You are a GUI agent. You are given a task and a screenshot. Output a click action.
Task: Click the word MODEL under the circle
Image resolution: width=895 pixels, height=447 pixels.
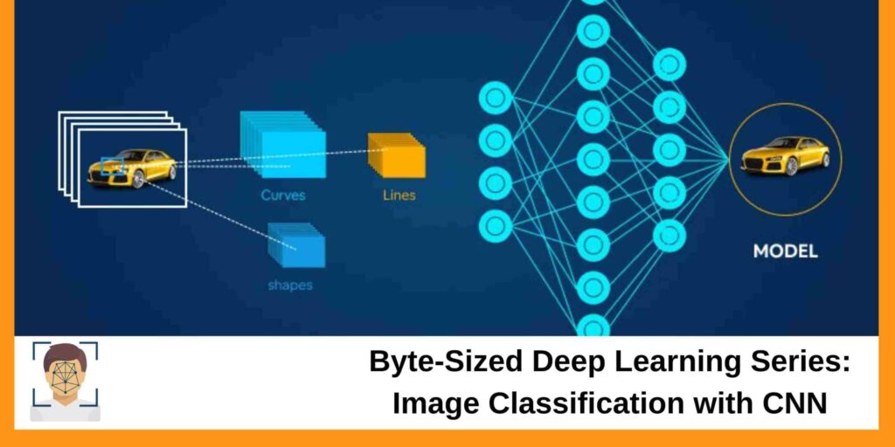[786, 251]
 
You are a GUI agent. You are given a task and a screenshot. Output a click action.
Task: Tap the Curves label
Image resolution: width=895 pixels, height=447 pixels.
[283, 195]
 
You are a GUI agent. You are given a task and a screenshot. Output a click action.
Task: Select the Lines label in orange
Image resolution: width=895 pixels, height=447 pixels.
[399, 195]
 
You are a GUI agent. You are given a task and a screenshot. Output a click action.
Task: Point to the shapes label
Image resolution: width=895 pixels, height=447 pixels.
[290, 285]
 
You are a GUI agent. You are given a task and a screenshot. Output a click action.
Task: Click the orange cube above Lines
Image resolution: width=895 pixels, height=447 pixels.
[397, 155]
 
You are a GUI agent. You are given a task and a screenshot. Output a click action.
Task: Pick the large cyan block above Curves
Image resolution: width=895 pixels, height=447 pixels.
[283, 144]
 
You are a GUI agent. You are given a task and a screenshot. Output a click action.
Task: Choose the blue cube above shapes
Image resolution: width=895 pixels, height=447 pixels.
[297, 244]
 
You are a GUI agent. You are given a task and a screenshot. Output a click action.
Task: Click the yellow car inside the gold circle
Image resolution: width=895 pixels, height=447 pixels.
[786, 155]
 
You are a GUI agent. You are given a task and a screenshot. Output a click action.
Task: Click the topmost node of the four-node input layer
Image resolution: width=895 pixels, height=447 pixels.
[495, 98]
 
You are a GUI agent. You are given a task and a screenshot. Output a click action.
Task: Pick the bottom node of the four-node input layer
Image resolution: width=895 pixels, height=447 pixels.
[495, 226]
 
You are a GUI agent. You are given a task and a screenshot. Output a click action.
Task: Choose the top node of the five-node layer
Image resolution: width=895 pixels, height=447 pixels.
[670, 65]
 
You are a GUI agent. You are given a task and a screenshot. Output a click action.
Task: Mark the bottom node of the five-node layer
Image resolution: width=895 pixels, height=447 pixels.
[670, 236]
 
